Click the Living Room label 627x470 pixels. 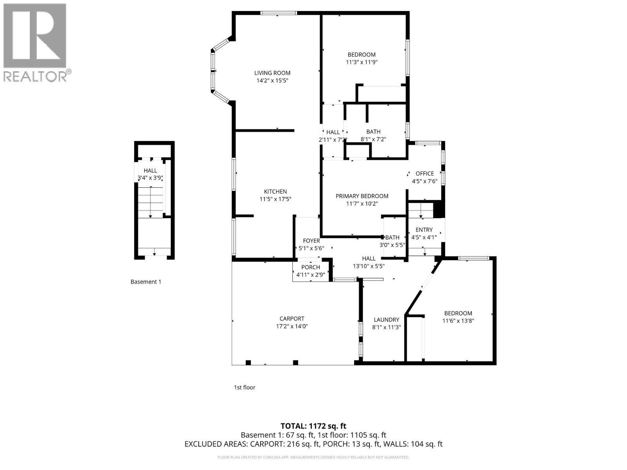tap(272, 73)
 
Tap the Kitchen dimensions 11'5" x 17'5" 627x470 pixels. tap(275, 199)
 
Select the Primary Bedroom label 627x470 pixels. tap(362, 196)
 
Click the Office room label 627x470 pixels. tap(424, 174)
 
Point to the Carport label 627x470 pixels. tap(292, 319)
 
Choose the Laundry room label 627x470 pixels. tap(386, 320)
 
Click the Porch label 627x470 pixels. tap(310, 267)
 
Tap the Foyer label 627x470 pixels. tap(311, 241)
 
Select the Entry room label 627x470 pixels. tap(424, 230)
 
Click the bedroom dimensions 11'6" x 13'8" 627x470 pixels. tap(458, 321)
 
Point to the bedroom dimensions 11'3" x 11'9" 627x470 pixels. tap(361, 62)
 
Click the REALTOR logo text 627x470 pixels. tap(37, 76)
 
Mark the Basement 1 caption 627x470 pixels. tap(145, 282)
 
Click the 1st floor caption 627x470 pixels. tap(244, 387)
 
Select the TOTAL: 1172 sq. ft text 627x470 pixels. tap(313, 426)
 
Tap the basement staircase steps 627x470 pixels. tap(150, 202)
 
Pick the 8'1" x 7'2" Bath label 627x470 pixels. tap(373, 132)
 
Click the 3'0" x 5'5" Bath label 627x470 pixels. tap(392, 237)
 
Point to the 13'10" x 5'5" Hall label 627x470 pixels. tap(368, 258)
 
